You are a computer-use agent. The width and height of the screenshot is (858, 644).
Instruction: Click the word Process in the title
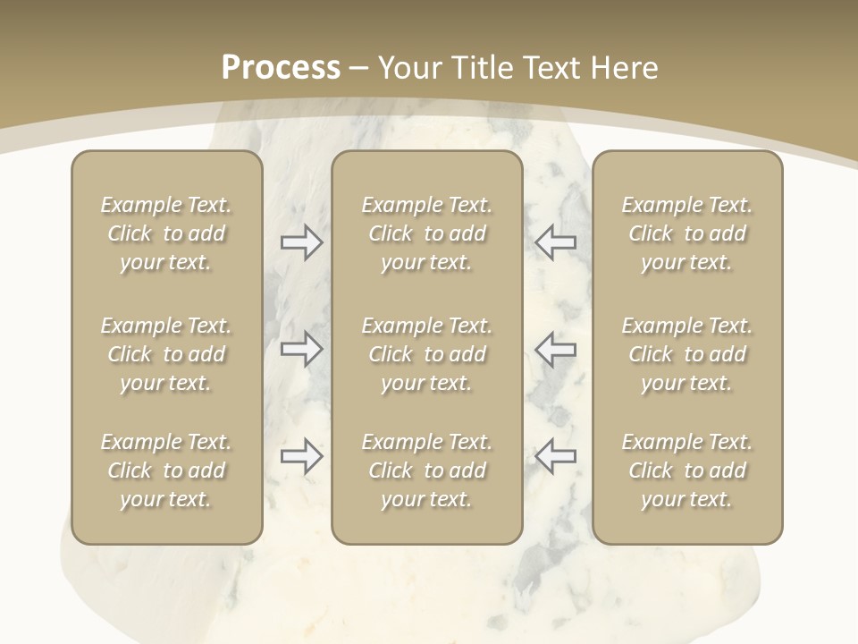pos(281,68)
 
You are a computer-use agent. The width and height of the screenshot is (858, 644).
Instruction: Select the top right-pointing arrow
pos(302,242)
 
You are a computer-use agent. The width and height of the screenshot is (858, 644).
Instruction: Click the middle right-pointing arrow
pos(302,348)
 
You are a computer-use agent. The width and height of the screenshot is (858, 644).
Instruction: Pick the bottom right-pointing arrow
pos(302,456)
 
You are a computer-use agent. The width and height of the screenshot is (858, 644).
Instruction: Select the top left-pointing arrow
pos(556,242)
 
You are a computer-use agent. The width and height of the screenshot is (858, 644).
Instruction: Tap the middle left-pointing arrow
pos(556,348)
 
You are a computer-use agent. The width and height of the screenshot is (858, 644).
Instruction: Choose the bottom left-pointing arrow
pos(556,456)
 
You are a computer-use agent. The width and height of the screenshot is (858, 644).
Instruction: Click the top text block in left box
pos(166,233)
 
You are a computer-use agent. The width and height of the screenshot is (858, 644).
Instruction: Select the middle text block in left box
pos(166,354)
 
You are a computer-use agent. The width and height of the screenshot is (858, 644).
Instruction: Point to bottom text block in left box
pos(166,470)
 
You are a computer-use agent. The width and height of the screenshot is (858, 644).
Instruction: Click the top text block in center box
pos(427,233)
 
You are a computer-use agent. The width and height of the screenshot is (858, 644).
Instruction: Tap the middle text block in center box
pos(427,354)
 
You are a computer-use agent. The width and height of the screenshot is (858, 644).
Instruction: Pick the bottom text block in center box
pos(427,470)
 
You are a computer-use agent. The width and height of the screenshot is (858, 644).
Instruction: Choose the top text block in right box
pos(687,233)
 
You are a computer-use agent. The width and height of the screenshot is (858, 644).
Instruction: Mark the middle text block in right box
pos(687,354)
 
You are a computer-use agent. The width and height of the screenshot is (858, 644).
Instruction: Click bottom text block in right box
pos(687,470)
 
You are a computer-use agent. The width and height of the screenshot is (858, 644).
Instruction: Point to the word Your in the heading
pos(412,68)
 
